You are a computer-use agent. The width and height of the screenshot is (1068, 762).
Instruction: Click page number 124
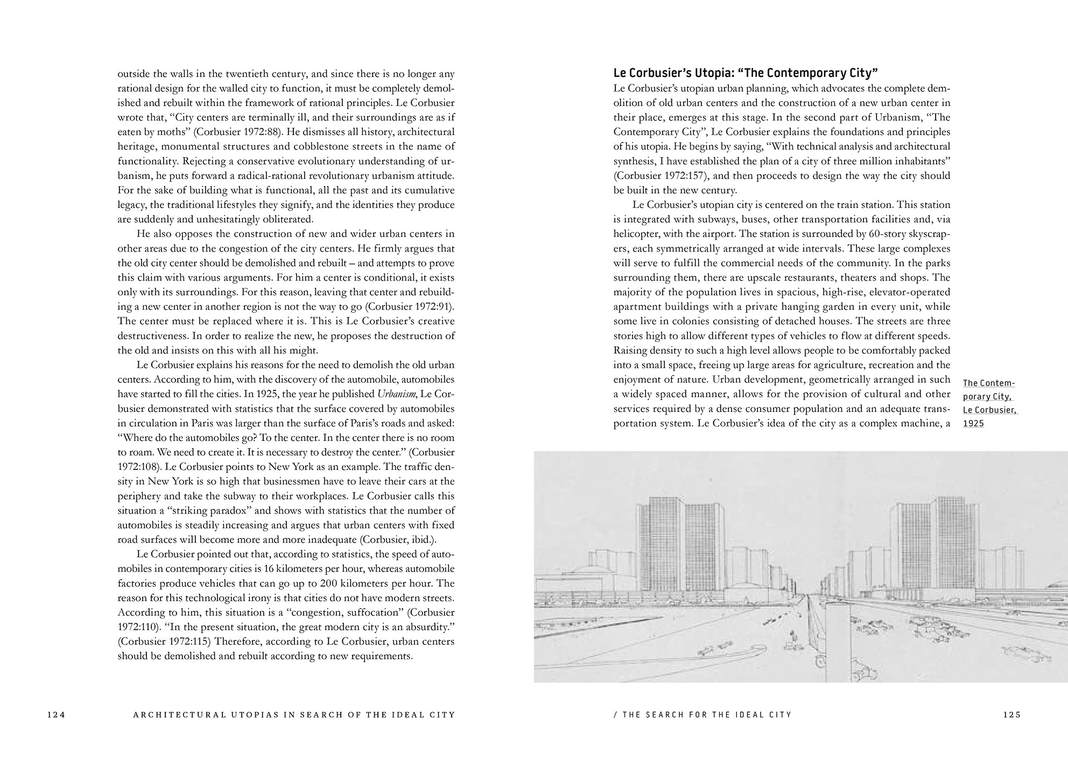coord(56,715)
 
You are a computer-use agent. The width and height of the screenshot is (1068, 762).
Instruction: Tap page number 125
coord(1012,715)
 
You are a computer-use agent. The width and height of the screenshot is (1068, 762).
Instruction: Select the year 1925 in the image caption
coord(973,423)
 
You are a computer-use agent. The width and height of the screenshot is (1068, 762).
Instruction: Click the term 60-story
coord(886,234)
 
